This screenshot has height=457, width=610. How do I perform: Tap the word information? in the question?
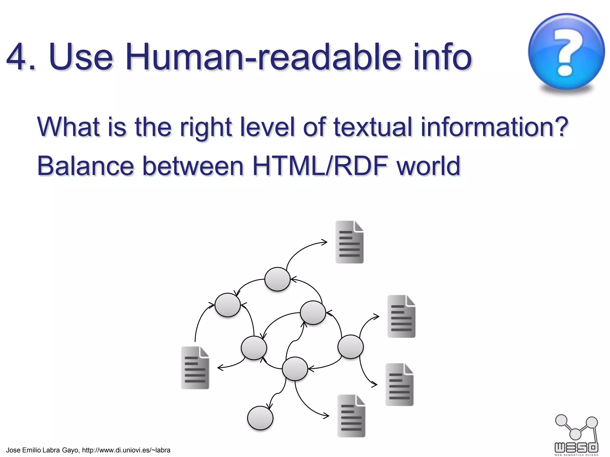click(494, 127)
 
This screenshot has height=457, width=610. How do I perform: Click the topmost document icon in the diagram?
click(349, 242)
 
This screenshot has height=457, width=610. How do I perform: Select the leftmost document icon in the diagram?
click(195, 368)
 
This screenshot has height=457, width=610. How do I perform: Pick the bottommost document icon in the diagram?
click(351, 416)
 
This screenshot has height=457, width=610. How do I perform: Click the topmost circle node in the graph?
click(277, 279)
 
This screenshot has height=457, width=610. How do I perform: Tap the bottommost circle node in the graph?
click(260, 418)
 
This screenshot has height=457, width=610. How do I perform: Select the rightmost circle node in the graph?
click(351, 347)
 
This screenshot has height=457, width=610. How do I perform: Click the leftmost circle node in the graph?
click(228, 305)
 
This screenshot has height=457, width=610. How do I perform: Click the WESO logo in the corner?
click(576, 435)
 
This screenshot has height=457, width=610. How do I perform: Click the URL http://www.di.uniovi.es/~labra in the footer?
click(126, 450)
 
